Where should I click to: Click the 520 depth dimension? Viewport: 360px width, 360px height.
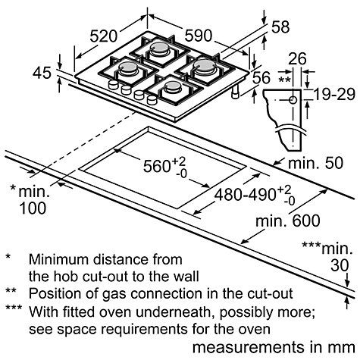[x=104, y=36]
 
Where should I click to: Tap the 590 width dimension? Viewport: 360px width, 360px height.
[x=199, y=36]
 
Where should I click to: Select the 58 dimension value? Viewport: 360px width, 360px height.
[x=280, y=27]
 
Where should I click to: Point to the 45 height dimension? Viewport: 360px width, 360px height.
[x=42, y=73]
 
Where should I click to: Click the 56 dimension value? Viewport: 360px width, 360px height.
[x=261, y=77]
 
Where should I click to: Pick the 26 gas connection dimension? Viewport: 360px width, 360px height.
[x=297, y=58]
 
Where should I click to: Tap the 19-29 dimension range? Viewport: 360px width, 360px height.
[x=334, y=95]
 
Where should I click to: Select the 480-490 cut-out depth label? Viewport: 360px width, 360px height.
[x=245, y=195]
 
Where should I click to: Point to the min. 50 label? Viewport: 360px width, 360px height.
[x=316, y=163]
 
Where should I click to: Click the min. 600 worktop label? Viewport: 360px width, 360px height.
[x=288, y=221]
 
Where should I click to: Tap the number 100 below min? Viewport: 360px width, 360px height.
[x=33, y=208]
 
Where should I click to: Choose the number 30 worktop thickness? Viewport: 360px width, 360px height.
[x=340, y=265]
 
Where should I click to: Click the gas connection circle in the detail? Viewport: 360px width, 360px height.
[x=293, y=100]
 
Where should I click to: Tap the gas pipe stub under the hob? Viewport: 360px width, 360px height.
[x=236, y=92]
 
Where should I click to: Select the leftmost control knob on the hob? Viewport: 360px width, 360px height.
[x=113, y=84]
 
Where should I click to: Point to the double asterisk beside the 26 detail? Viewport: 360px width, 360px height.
[x=284, y=80]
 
